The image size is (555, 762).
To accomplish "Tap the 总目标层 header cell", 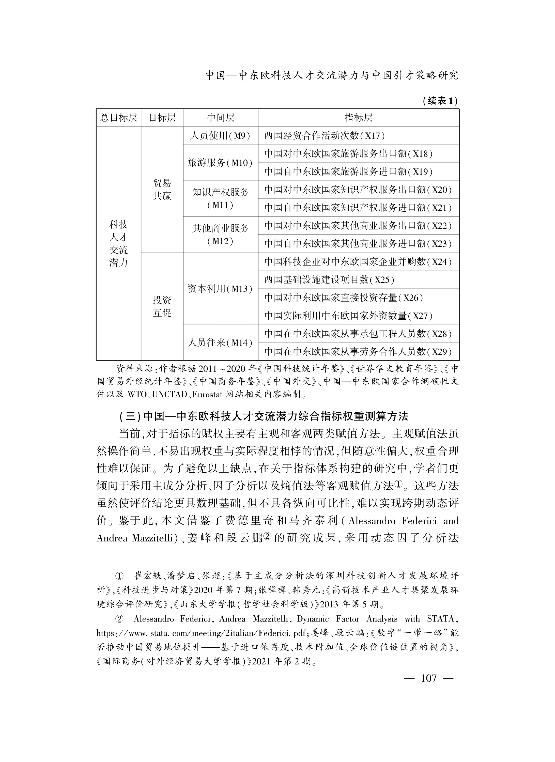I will [x=119, y=118].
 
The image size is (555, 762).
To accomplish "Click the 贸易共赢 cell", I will [x=162, y=190].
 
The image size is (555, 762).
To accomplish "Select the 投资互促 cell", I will [x=162, y=306].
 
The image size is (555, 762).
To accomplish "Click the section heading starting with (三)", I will [x=264, y=416].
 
